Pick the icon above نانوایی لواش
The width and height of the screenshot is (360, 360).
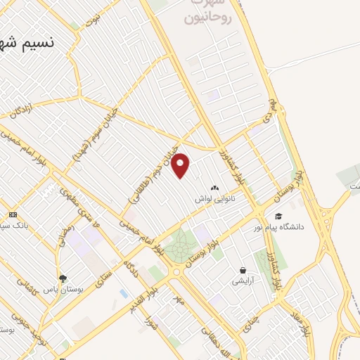pos(214,188)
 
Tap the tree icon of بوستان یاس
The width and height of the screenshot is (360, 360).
pos(63,278)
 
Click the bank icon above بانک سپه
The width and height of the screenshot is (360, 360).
pos(12,214)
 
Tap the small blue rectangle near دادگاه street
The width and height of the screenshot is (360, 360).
pos(124,292)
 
